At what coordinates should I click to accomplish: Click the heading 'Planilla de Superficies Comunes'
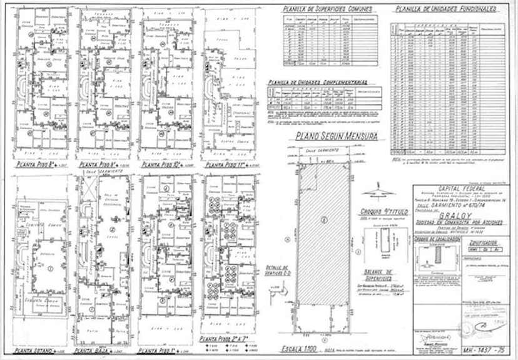click(328, 9)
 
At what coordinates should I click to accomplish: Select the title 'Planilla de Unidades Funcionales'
click(446, 9)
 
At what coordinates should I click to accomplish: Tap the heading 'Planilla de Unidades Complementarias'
click(317, 81)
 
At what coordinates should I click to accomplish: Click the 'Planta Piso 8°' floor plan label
click(37, 165)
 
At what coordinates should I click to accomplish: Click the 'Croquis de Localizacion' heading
click(435, 240)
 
